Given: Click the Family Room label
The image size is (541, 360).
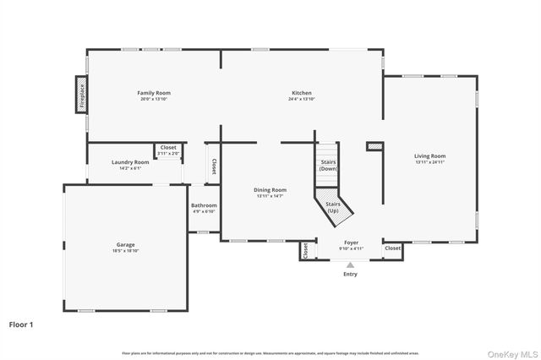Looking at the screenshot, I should point(156,92).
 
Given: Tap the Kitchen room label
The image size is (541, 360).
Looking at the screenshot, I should point(302,92).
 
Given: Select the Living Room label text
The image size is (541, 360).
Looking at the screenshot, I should point(429,156).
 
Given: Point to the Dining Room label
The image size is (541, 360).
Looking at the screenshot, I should point(270,190).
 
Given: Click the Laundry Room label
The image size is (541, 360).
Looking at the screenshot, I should point(130,161).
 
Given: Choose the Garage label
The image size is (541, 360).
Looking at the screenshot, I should point(125,245).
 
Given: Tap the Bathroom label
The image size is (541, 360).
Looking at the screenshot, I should point(204,205).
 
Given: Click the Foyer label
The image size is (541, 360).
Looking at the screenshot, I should point(351,243).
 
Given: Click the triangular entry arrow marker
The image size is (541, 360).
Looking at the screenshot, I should point(350,265).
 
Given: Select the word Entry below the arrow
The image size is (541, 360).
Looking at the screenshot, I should point(350,274).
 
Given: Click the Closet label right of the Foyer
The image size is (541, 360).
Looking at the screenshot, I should point(393,248).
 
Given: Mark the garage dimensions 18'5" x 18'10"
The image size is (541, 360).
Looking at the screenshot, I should point(125,251).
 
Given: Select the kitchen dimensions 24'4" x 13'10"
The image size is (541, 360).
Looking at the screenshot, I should point(302,99).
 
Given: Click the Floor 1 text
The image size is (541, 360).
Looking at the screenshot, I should point(21,324).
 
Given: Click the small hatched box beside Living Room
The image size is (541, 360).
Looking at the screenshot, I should point(374,146).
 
